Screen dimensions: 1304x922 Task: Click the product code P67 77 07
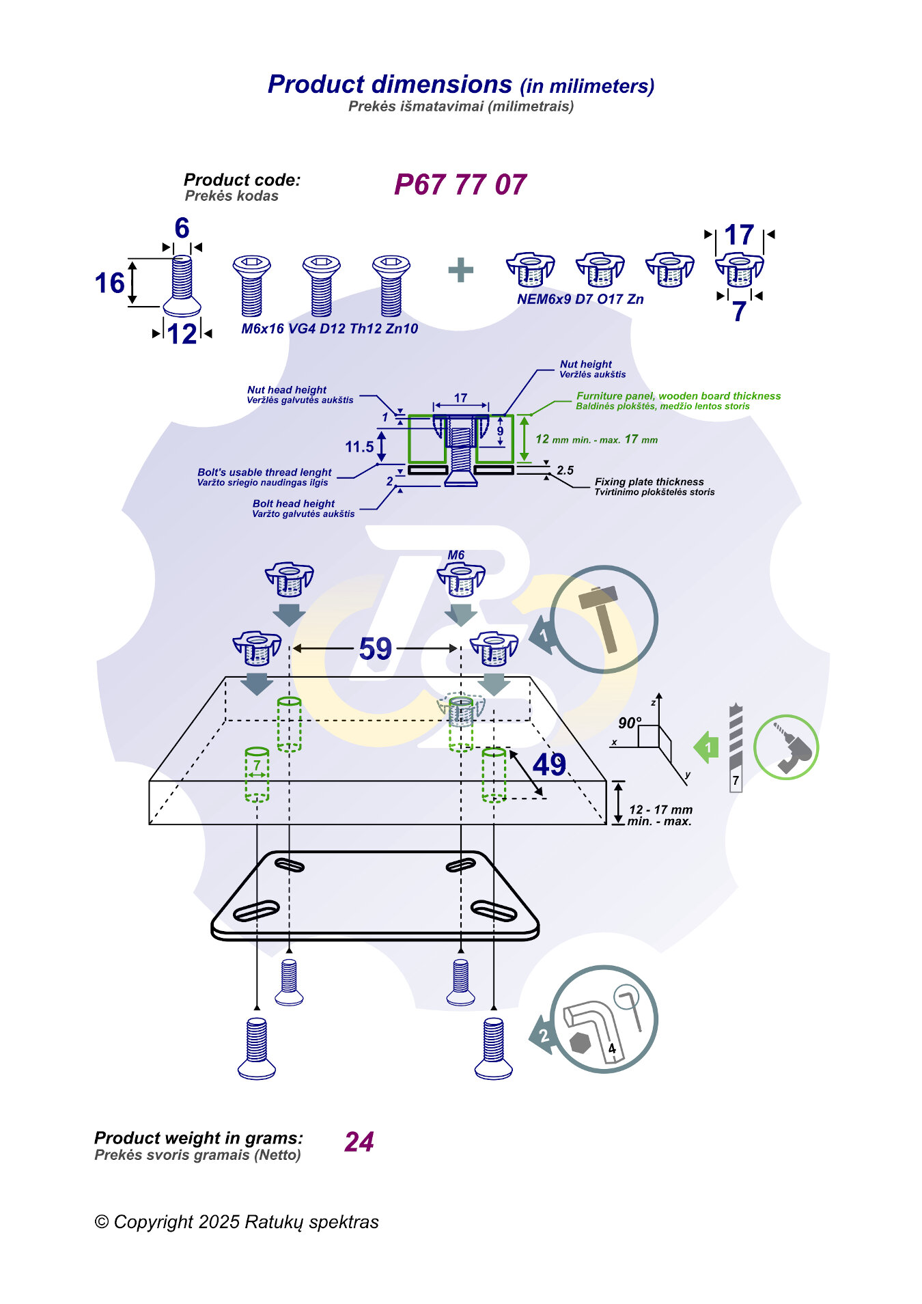coord(460,184)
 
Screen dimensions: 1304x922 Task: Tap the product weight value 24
coord(359,1141)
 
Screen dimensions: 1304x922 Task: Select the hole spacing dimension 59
coord(375,648)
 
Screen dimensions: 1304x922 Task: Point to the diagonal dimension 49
coord(549,764)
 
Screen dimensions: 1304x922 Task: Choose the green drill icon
coord(786,747)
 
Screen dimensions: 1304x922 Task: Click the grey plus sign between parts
coord(460,270)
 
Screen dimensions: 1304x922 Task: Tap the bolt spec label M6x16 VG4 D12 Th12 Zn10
coord(330,329)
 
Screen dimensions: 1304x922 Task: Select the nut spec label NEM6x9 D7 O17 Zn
coord(580,299)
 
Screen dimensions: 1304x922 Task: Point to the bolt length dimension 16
coord(110,283)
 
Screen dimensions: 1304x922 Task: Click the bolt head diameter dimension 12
coord(182,334)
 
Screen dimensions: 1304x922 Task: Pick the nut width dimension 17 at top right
coord(739,236)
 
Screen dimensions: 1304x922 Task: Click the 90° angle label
coord(630,723)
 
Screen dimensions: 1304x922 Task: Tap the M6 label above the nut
coord(456,555)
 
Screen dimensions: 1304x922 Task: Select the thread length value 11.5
coord(359,447)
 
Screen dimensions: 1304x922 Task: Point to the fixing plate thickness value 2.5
coord(565,470)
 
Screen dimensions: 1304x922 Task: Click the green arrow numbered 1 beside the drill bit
coord(707,747)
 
